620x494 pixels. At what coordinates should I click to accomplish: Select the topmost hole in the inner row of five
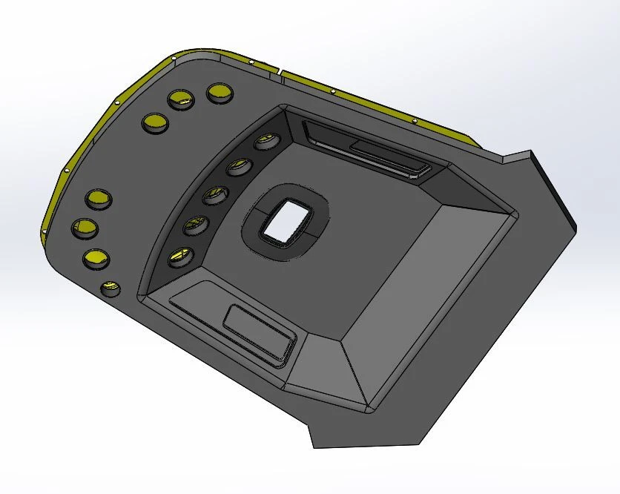coord(263,142)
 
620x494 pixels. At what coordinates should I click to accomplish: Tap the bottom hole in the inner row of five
coord(178,257)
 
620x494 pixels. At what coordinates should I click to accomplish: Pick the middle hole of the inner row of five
coord(214,196)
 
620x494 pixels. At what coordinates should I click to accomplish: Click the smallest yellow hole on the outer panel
coord(111,288)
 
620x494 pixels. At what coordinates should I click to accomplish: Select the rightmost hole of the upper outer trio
coord(220,93)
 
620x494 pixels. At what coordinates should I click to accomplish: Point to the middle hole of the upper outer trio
coord(180,100)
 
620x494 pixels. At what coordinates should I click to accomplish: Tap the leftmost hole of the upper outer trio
coord(154,123)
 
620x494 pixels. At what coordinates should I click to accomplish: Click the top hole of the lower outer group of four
coord(98,199)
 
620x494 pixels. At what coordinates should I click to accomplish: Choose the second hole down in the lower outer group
coord(85,228)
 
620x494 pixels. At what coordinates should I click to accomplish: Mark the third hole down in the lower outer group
coord(96,257)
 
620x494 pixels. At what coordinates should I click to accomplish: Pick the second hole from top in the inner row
coord(239,166)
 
